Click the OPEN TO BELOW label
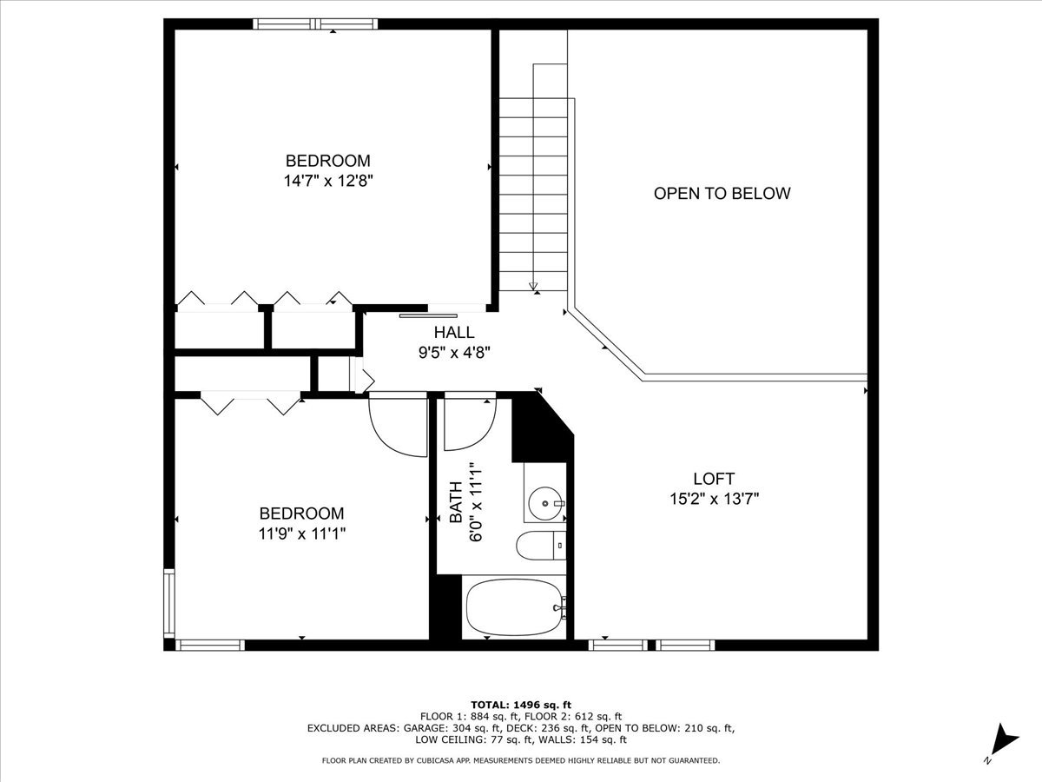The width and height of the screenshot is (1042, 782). (722, 193)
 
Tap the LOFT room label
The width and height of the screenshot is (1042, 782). (714, 479)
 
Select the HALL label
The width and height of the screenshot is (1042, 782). (454, 333)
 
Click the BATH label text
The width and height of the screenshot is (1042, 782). (456, 502)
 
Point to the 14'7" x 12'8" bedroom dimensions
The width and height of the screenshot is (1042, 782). (328, 181)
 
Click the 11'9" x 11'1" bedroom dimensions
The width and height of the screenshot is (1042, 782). (301, 533)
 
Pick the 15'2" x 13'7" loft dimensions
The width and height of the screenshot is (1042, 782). (714, 499)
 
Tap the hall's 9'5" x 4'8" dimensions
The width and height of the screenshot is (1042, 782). (454, 353)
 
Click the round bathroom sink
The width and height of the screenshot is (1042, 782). (545, 503)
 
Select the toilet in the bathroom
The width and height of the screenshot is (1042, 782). (541, 546)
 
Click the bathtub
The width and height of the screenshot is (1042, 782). (514, 607)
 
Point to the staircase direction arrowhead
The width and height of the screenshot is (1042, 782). (533, 287)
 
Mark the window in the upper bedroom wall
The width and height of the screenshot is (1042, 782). (315, 23)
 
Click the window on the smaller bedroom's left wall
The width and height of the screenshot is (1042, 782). (169, 604)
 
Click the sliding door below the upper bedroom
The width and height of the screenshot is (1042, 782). (428, 315)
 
